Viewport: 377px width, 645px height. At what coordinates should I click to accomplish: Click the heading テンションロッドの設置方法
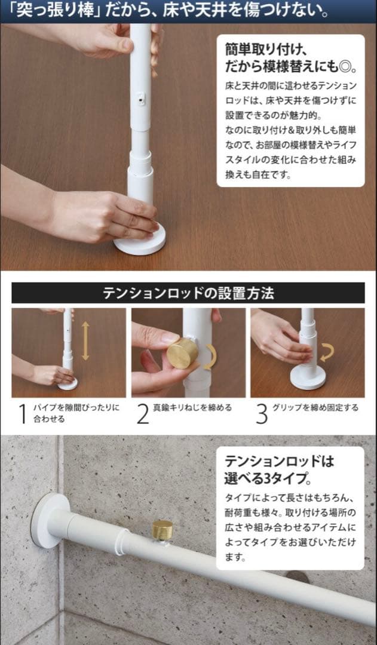tap(188, 293)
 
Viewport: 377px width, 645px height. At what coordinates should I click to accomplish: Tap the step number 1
tap(23, 413)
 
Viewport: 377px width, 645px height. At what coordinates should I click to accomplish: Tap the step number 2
tap(142, 413)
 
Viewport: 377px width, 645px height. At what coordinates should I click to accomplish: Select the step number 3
tap(262, 413)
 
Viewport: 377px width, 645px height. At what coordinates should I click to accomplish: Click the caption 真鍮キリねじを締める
tap(192, 408)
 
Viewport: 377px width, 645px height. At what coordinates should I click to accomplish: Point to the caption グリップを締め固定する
tap(315, 408)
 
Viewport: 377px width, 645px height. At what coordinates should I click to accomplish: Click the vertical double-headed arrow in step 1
tap(85, 340)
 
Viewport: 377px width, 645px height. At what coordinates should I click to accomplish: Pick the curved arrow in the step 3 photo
tap(327, 353)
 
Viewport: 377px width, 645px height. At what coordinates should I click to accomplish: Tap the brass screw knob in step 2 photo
tap(182, 353)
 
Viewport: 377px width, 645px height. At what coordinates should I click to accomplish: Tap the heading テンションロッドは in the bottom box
tap(279, 462)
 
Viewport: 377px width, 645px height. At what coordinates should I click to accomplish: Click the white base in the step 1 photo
tap(68, 384)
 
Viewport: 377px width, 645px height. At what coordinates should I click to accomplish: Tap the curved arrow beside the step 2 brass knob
tap(210, 357)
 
